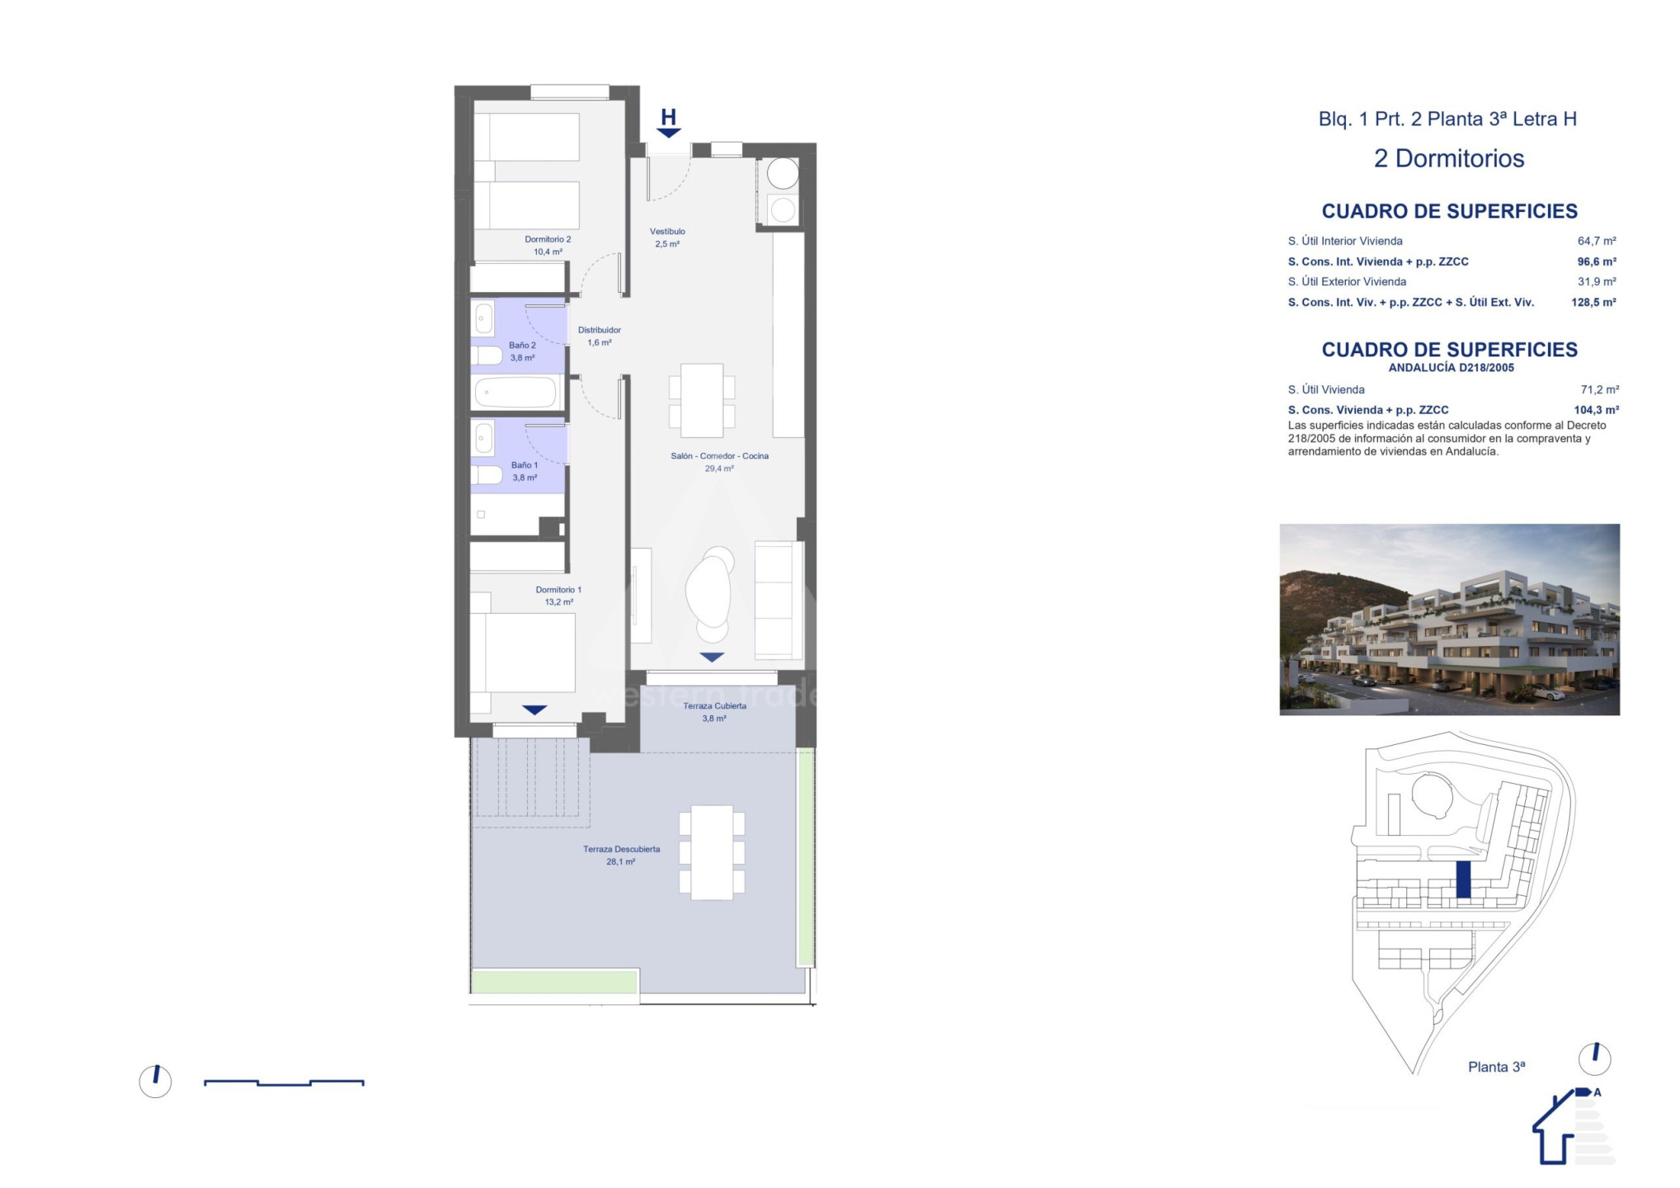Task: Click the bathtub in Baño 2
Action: pos(517,392)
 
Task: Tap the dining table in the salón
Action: pos(702,401)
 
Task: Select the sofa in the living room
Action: pos(779,600)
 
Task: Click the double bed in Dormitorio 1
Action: pos(523,653)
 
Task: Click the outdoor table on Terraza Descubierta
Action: pos(712,853)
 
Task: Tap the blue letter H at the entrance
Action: pos(669,117)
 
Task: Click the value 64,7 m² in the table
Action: pos(1597,241)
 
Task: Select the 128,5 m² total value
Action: pos(1593,303)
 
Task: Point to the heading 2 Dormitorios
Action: pos(1449,158)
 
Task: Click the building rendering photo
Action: pos(1449,620)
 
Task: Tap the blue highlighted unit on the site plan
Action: pos(1463,879)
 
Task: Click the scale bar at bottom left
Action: pos(284,1082)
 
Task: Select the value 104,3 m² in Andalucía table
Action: pos(1596,410)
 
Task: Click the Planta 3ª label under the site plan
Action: pos(1496,1067)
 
